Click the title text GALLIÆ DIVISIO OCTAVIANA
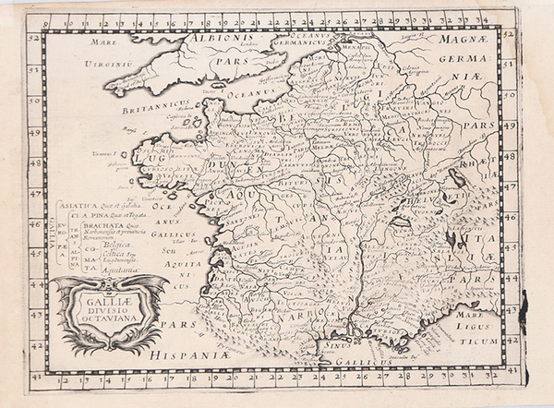(110, 299)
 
